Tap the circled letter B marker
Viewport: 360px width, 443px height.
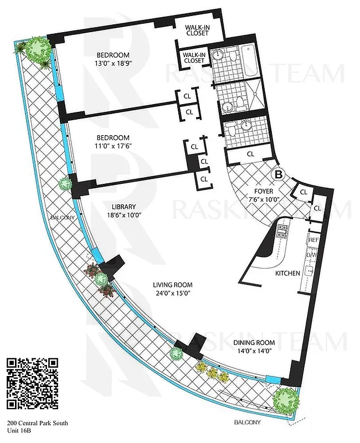coord(279,174)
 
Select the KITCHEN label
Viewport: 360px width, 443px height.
coord(287,273)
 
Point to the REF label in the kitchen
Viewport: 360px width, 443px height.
coord(314,240)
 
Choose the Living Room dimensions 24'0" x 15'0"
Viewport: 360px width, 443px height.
coord(176,294)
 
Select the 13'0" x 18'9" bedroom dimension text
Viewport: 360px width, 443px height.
coord(113,64)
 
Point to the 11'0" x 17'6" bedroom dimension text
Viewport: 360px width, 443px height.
coord(113,146)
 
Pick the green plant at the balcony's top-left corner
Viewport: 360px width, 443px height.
coord(37,49)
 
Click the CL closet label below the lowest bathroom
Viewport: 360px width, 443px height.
coord(250,154)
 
